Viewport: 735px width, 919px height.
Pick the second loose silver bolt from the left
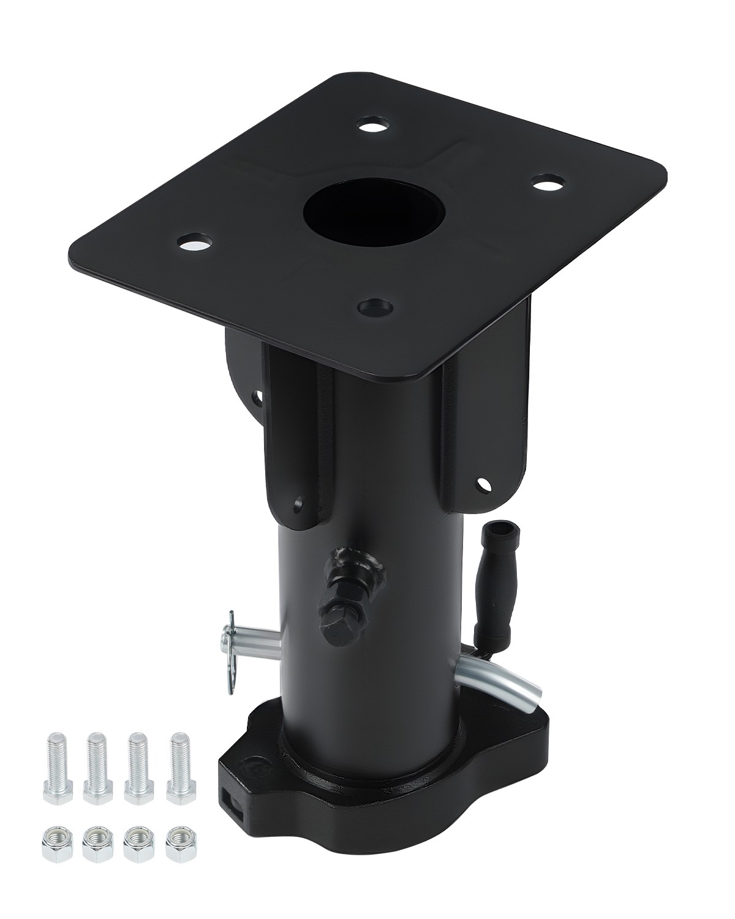(96, 766)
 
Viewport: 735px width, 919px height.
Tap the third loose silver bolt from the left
(137, 766)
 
